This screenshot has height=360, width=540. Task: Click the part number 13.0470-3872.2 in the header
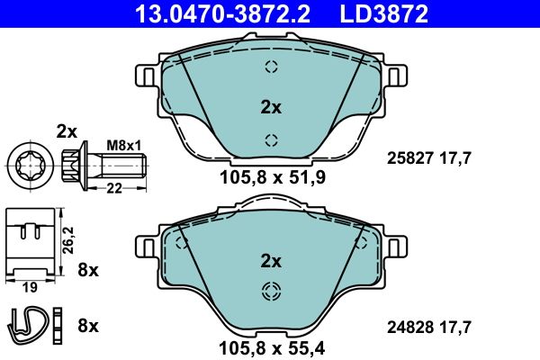tap(223, 13)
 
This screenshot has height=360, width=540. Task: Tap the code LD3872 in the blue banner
tap(384, 13)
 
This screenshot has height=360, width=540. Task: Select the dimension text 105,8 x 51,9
tap(273, 178)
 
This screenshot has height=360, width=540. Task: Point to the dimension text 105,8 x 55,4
tap(272, 348)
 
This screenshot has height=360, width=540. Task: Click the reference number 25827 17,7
tap(428, 158)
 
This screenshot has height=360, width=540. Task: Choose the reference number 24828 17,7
tap(428, 328)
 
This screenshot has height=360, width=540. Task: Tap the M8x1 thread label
tap(124, 146)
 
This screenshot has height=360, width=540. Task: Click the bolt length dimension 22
tap(114, 188)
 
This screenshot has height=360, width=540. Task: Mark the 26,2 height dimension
tap(69, 240)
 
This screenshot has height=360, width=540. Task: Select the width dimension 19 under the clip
tap(30, 287)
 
